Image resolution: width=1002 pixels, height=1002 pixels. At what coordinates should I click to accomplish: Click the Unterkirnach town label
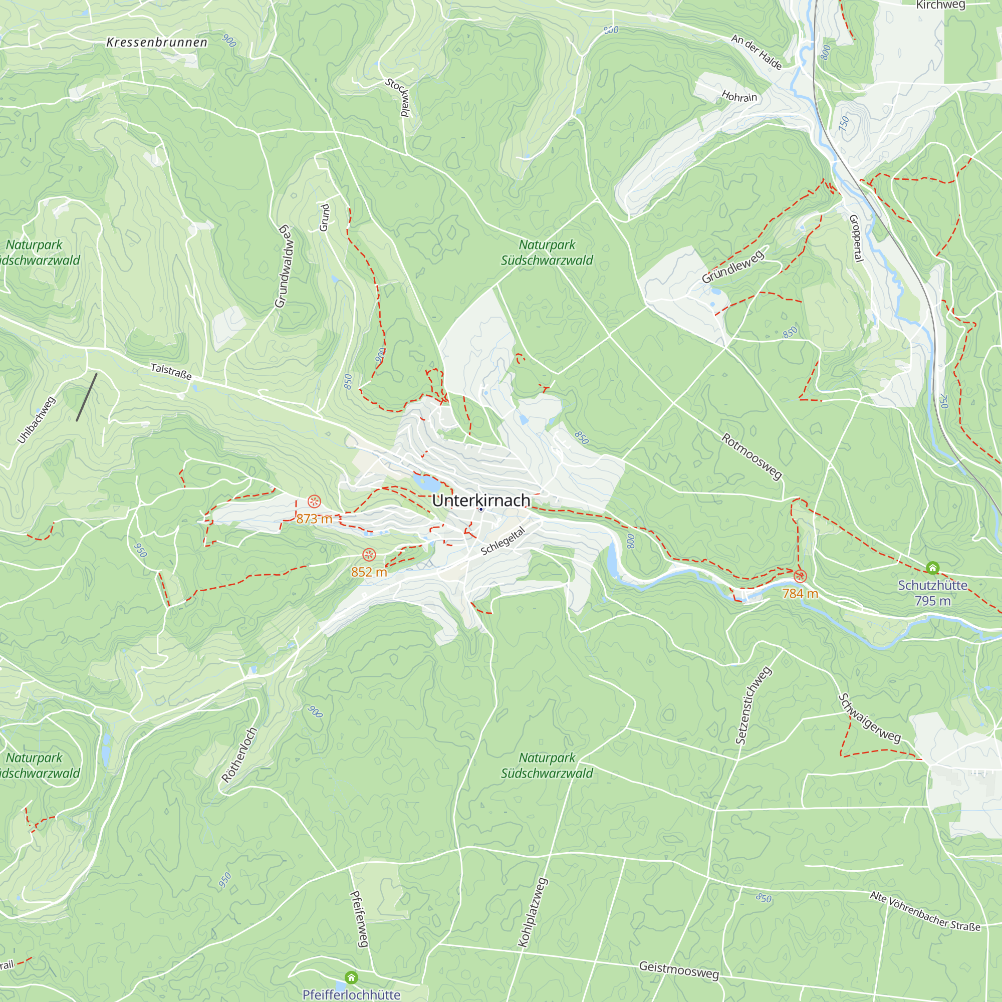(x=481, y=500)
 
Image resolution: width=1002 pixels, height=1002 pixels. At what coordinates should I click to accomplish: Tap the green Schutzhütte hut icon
(x=932, y=568)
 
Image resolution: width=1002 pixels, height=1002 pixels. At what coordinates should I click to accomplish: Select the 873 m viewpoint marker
(x=314, y=502)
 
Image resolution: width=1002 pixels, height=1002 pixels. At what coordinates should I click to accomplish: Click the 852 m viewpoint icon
(x=369, y=555)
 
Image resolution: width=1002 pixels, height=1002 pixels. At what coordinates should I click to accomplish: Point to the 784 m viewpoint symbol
(x=800, y=576)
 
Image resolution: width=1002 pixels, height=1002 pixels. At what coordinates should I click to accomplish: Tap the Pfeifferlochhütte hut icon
(x=351, y=978)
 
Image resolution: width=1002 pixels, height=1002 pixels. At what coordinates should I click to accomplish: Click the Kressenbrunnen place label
(x=157, y=43)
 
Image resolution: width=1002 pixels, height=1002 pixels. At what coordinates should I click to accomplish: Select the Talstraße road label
(x=171, y=371)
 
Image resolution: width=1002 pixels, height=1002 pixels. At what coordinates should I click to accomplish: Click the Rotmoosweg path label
(x=751, y=456)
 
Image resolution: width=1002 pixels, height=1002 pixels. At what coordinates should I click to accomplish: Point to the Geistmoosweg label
(x=679, y=969)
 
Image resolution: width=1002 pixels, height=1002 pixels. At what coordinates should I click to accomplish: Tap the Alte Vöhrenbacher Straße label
(x=925, y=911)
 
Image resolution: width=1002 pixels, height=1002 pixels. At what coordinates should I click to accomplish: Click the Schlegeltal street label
(x=503, y=541)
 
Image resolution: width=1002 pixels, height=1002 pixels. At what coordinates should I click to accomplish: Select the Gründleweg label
(x=732, y=266)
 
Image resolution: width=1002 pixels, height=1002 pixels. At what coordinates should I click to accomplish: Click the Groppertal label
(x=856, y=238)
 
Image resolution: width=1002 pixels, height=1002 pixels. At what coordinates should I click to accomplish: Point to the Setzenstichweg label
(x=754, y=706)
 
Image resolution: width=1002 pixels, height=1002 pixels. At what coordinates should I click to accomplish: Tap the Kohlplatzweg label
(x=533, y=912)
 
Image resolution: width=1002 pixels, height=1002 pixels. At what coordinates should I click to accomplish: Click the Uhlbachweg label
(x=36, y=420)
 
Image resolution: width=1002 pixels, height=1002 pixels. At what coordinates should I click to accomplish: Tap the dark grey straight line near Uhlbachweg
(x=87, y=397)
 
